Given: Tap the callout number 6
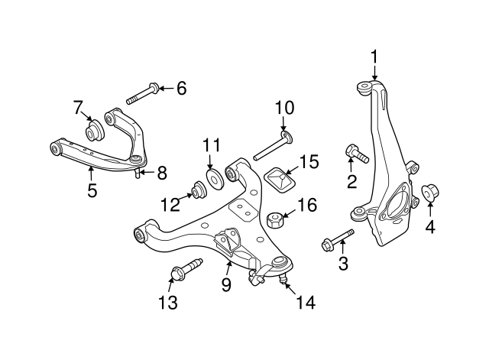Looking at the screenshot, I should (180, 88).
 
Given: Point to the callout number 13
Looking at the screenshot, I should (168, 303).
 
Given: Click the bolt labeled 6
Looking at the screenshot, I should (141, 95).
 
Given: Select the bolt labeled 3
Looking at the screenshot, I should (336, 239).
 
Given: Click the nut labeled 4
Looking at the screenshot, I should (430, 191).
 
